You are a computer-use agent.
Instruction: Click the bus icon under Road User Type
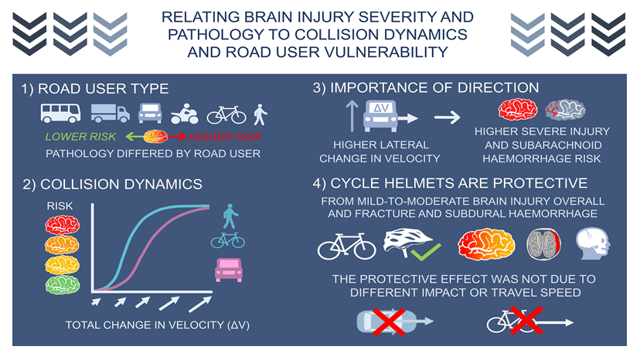tap(60, 113)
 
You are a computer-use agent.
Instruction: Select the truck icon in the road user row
tap(111, 113)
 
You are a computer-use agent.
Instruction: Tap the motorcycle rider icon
tap(185, 114)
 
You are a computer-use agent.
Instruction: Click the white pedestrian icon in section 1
tap(260, 114)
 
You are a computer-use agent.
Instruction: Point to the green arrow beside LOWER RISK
tap(134, 137)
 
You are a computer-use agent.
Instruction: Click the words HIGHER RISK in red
tap(225, 137)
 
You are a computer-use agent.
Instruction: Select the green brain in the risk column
tap(62, 284)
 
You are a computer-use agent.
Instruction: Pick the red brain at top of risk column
tap(62, 225)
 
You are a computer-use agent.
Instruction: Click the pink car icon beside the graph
tap(229, 270)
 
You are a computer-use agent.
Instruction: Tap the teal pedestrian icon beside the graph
tap(230, 216)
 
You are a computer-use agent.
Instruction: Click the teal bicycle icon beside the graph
tap(228, 240)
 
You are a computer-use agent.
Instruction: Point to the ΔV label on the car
tap(381, 107)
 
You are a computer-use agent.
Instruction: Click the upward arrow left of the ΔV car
tap(352, 117)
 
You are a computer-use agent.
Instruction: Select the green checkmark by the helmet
tap(426, 252)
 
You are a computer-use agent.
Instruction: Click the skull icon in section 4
tap(593, 243)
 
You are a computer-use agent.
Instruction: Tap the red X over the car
tap(389, 321)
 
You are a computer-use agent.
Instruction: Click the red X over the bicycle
tap(526, 321)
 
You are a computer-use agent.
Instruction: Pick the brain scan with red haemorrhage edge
tap(543, 244)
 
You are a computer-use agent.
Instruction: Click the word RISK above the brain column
tap(60, 206)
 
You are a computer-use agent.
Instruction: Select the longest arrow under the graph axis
tap(200, 304)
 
